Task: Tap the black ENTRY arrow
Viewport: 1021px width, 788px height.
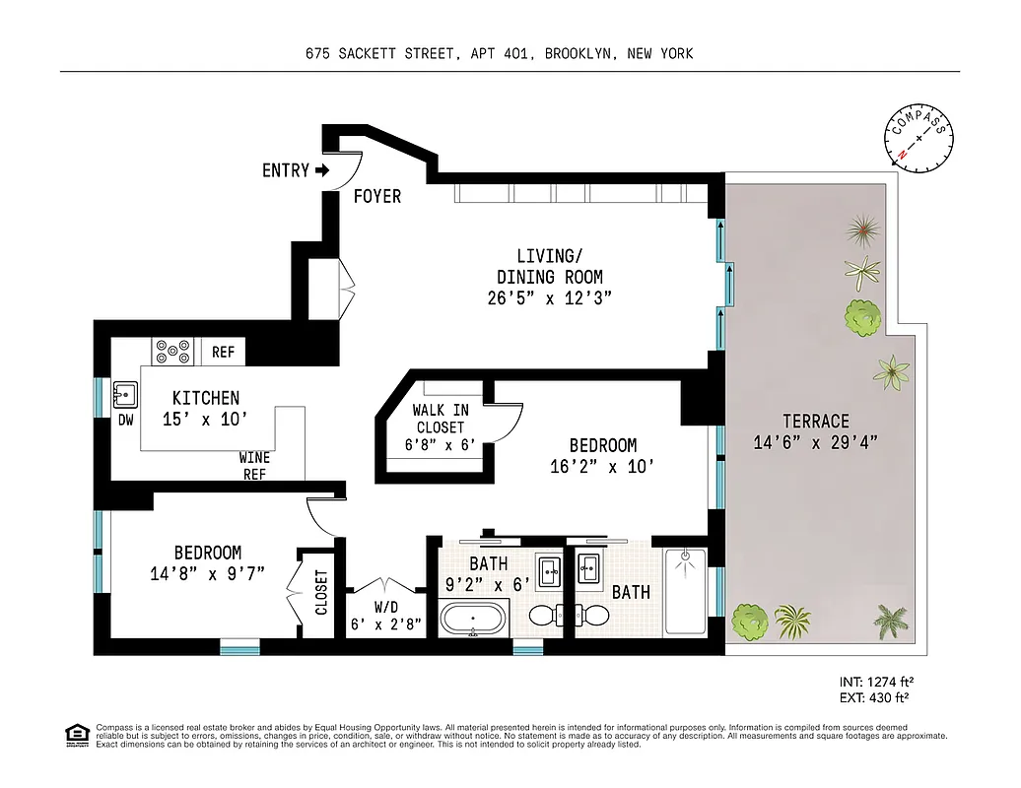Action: click(322, 170)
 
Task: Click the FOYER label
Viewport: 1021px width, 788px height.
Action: click(377, 197)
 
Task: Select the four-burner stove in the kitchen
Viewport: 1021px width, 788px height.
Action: click(173, 350)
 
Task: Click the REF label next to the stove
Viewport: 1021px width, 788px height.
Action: click(223, 351)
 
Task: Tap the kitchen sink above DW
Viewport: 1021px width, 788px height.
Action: click(125, 395)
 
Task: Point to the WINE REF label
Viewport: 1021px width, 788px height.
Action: click(253, 466)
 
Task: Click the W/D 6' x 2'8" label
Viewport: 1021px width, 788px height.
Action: click(384, 615)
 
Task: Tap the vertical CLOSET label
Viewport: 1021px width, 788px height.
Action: click(321, 592)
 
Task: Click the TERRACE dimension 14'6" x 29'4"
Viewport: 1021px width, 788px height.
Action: click(814, 442)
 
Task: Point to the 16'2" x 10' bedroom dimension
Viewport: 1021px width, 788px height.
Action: click(601, 467)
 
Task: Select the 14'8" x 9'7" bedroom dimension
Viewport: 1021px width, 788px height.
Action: click(208, 574)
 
